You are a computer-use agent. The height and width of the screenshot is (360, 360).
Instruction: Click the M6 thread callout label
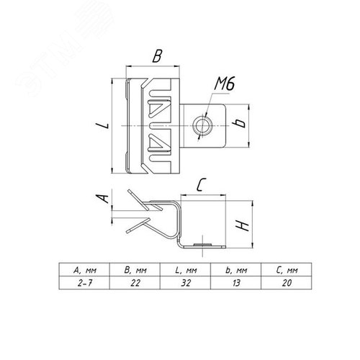click(x=224, y=84)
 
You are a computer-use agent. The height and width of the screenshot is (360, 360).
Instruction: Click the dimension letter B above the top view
click(x=158, y=56)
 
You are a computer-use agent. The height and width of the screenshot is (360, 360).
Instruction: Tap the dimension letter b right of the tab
click(x=239, y=123)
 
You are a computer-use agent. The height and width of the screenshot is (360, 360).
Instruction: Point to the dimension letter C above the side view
click(x=201, y=185)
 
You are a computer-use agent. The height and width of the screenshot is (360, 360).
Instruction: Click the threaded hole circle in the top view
click(x=202, y=125)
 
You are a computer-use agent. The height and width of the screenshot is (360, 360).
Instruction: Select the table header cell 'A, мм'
click(x=85, y=271)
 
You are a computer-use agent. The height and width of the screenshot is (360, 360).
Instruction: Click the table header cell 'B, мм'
click(x=135, y=271)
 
